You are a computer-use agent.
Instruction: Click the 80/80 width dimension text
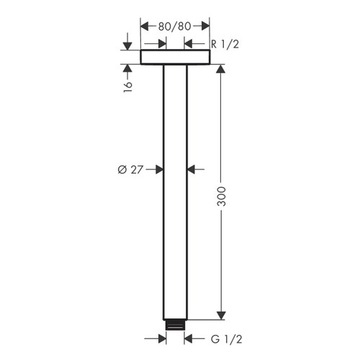(x=175, y=26)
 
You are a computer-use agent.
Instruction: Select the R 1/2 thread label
(x=223, y=44)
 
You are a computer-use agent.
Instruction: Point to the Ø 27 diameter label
(x=131, y=170)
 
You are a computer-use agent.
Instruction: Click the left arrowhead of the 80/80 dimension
(x=144, y=26)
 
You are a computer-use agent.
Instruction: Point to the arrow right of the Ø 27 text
(x=159, y=170)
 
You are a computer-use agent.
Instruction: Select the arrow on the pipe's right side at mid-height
(x=192, y=170)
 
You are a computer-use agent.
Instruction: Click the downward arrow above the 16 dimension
(x=127, y=45)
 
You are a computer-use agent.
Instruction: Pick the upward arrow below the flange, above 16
(x=127, y=69)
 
